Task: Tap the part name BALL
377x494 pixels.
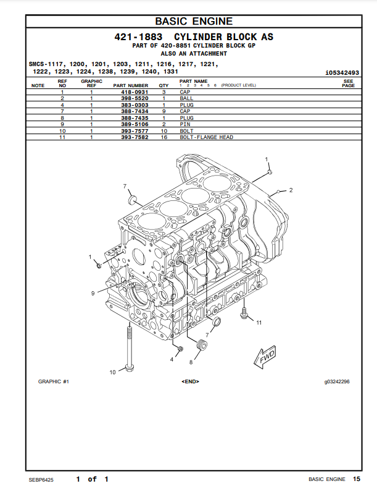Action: pos(186,98)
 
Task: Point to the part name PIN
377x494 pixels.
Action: pos(185,124)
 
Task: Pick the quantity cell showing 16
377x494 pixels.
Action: pos(164,137)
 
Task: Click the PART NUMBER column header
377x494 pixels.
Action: pos(131,85)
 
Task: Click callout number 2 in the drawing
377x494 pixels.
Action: pos(291,189)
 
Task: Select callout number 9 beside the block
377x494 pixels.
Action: pos(93,292)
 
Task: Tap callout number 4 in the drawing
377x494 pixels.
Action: pos(172,359)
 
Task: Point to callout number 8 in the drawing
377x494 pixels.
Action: pos(191,362)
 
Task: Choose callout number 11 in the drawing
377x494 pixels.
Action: pos(259,322)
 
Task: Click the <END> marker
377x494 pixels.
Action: pos(190,381)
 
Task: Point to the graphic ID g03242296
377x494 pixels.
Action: pos(337,381)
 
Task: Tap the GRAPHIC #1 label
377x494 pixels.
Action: pos(54,381)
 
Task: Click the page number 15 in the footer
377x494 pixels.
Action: pos(357,479)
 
